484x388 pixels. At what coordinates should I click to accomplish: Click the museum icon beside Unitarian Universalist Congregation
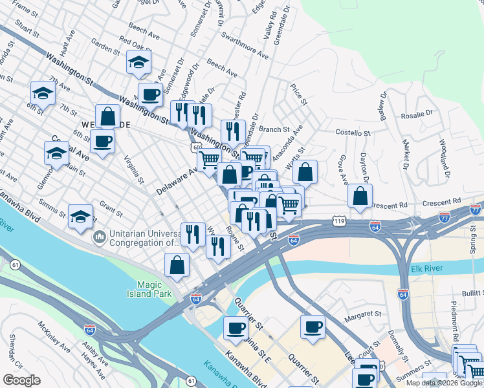[99, 238]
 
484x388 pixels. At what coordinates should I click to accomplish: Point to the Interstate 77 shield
[476, 209]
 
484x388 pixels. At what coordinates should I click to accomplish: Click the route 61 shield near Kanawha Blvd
[14, 264]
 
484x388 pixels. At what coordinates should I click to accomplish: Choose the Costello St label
[352, 133]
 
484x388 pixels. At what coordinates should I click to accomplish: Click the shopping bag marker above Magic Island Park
[177, 264]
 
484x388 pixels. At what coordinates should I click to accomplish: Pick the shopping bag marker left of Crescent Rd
[360, 196]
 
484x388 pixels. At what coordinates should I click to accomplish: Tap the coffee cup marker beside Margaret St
[313, 326]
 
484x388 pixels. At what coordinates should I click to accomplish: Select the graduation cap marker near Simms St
[80, 216]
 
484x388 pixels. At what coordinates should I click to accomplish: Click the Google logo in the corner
[21, 380]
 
